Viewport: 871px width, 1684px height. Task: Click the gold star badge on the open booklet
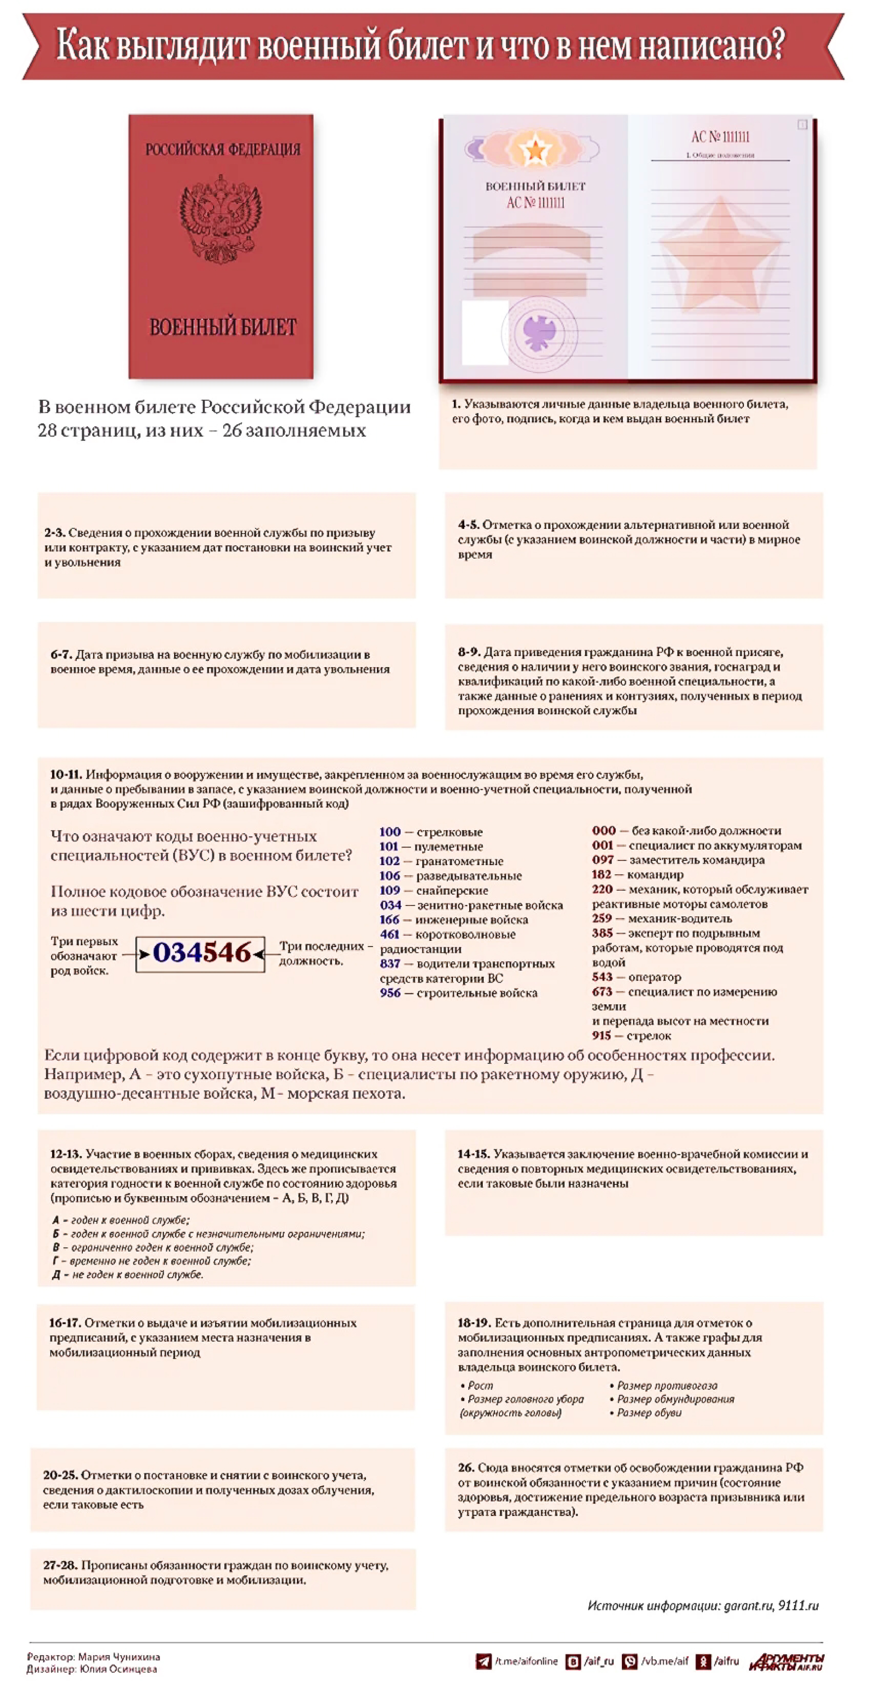[x=535, y=150]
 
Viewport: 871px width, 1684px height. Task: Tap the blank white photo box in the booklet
[x=485, y=332]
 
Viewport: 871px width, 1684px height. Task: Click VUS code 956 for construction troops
[x=390, y=993]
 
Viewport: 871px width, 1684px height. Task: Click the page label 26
[x=465, y=1468]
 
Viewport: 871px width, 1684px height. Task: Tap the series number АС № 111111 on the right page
[x=720, y=137]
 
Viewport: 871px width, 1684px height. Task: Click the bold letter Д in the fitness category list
[x=56, y=1275]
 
